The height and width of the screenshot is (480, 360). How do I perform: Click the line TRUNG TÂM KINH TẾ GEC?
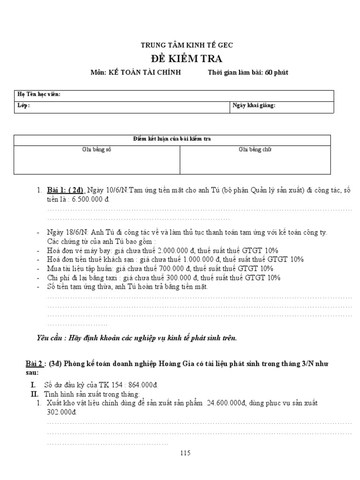pos(187,45)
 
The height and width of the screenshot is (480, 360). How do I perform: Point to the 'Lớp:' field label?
pos(23,106)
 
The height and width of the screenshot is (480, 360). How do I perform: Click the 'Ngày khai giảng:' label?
pos(254,106)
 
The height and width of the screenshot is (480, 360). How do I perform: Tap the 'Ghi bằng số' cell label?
pos(97,150)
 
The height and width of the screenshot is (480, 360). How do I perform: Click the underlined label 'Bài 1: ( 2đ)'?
pos(65,190)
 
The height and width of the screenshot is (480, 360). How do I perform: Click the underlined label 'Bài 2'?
pos(33,364)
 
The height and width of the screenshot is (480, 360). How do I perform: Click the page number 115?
pos(186,453)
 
